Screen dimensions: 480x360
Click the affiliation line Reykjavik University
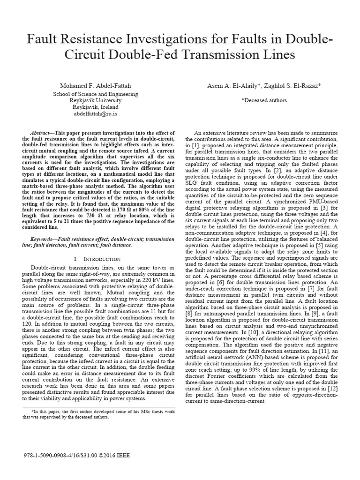coord(95,100)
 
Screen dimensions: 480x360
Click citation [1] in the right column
coord(194,146)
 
